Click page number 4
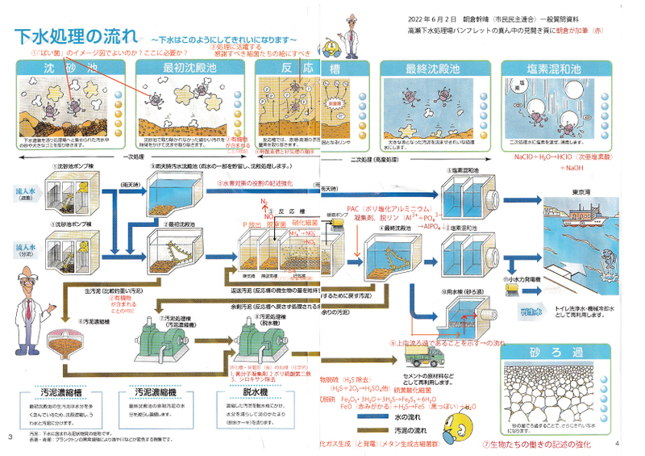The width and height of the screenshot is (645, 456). [x=617, y=443]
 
